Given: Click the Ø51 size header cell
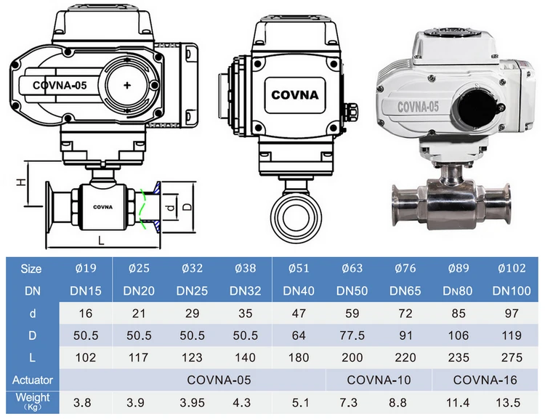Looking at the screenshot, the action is coord(299,268).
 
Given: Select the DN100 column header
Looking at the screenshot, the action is coord(512,290).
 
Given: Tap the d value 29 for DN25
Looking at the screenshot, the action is coord(192,314).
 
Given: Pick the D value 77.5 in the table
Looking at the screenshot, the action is coord(352,335).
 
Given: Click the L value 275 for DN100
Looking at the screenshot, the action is coord(512,357).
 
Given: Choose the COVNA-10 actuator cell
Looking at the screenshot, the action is coord(379,380).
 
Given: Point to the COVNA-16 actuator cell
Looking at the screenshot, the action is coord(485,380).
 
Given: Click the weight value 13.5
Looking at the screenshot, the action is coord(508,402).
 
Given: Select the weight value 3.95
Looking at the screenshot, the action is coord(193,402).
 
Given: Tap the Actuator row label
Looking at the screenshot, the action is coord(32,380).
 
